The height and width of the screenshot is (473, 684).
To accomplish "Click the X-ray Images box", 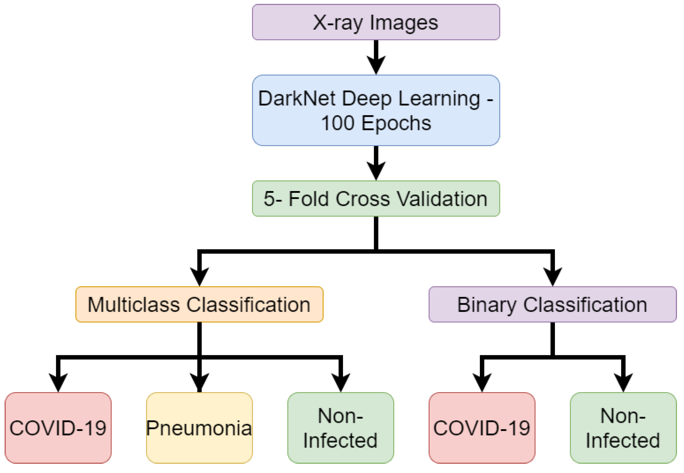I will coord(376,22).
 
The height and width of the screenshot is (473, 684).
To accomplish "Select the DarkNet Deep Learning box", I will coord(376,110).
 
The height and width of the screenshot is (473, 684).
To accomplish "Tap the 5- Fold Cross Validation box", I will coord(376,198).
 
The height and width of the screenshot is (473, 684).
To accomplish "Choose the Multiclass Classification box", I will coord(199,304).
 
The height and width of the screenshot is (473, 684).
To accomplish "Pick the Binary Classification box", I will coord(552,304).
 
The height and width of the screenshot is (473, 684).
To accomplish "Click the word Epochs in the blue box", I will coord(396,123).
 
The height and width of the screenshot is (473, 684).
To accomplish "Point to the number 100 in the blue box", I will coord(338,123).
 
